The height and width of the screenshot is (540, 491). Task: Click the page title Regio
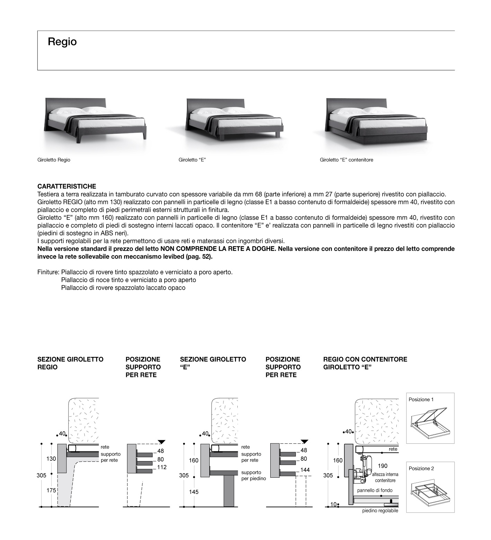click(x=62, y=42)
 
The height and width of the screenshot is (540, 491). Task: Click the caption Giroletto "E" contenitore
click(x=347, y=160)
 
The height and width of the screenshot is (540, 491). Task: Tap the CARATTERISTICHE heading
click(x=67, y=187)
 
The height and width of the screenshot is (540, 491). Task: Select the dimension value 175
click(x=51, y=490)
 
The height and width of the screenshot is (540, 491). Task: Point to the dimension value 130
click(x=51, y=459)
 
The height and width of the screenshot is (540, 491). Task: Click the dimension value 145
click(x=194, y=492)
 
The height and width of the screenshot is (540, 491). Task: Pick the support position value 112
click(x=161, y=467)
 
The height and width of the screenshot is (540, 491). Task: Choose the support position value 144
click(x=305, y=470)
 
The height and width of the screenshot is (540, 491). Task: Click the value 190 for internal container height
click(x=383, y=466)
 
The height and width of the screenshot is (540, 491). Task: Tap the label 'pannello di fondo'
click(x=375, y=490)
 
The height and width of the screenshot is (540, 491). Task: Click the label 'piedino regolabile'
click(x=380, y=511)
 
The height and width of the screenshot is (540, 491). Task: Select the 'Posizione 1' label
click(x=421, y=399)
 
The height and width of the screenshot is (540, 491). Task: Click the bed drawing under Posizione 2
click(x=430, y=493)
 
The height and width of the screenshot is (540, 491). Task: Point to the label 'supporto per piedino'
click(x=254, y=475)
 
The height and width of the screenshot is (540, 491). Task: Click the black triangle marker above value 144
click(x=304, y=441)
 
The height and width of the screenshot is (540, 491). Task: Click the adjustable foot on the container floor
click(x=391, y=501)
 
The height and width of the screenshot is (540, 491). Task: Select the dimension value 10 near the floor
click(x=333, y=504)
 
